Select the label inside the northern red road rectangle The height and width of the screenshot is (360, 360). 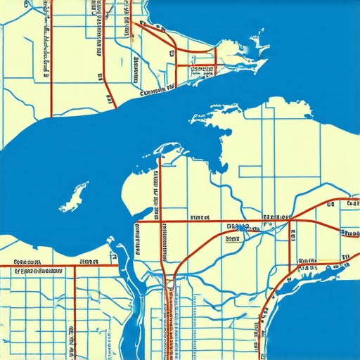[201, 70]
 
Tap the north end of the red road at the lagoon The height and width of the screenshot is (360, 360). [160, 157]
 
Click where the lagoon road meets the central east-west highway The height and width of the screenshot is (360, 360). [160, 222]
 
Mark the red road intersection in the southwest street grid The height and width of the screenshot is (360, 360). [75, 266]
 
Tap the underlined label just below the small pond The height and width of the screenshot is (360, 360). [233, 238]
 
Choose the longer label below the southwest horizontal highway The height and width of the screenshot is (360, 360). [39, 271]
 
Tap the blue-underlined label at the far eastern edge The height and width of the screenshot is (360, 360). [349, 232]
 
